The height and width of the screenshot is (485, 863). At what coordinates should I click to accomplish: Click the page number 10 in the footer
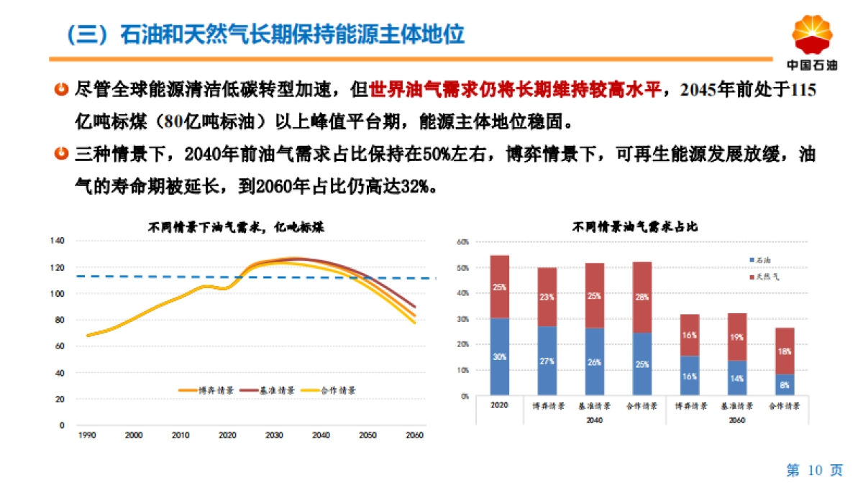[x=814, y=471]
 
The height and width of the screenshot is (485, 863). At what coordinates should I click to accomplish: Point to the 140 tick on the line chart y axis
[x=58, y=241]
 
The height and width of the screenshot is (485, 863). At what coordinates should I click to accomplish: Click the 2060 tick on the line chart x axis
[x=414, y=435]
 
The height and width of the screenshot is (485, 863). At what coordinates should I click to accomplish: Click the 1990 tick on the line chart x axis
[x=86, y=435]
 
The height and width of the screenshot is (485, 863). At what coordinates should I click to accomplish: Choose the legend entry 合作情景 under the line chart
[x=330, y=390]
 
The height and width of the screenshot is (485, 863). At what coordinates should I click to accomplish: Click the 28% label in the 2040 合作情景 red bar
[x=641, y=296]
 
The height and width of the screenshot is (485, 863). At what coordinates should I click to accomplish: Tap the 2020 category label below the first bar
[x=499, y=406]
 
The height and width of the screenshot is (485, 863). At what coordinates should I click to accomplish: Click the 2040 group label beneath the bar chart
[x=594, y=420]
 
